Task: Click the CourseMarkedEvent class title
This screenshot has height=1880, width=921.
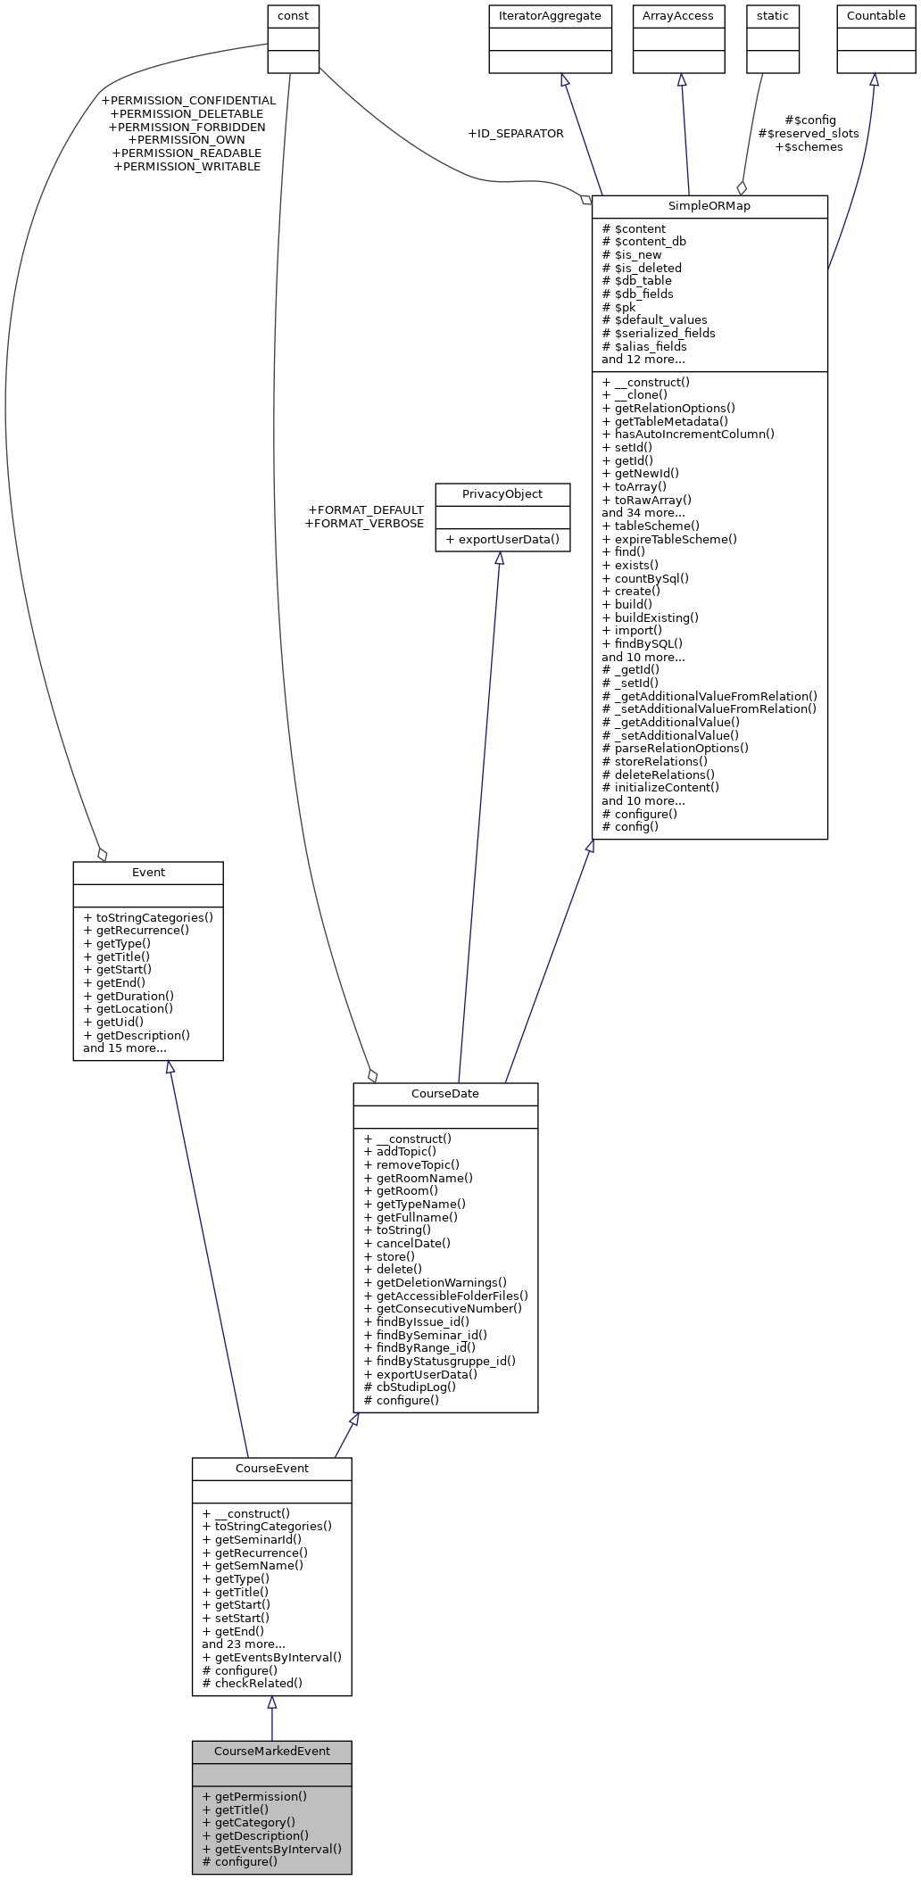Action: point(271,1751)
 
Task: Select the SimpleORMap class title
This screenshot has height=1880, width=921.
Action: point(709,205)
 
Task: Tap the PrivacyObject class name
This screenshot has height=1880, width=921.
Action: point(502,493)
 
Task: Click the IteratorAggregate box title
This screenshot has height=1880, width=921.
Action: point(550,15)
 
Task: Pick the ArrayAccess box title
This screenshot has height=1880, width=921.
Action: point(678,15)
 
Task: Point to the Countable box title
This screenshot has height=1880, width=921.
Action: point(875,15)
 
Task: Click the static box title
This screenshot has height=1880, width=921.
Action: point(772,15)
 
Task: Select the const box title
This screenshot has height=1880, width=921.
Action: point(293,15)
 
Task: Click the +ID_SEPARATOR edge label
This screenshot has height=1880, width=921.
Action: point(515,133)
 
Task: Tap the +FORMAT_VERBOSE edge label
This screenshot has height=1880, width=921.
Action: point(364,523)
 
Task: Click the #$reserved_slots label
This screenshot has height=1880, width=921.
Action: point(808,133)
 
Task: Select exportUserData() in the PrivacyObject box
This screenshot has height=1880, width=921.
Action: point(502,539)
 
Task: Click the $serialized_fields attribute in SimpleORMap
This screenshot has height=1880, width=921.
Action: point(659,333)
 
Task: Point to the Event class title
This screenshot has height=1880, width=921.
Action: point(148,872)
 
